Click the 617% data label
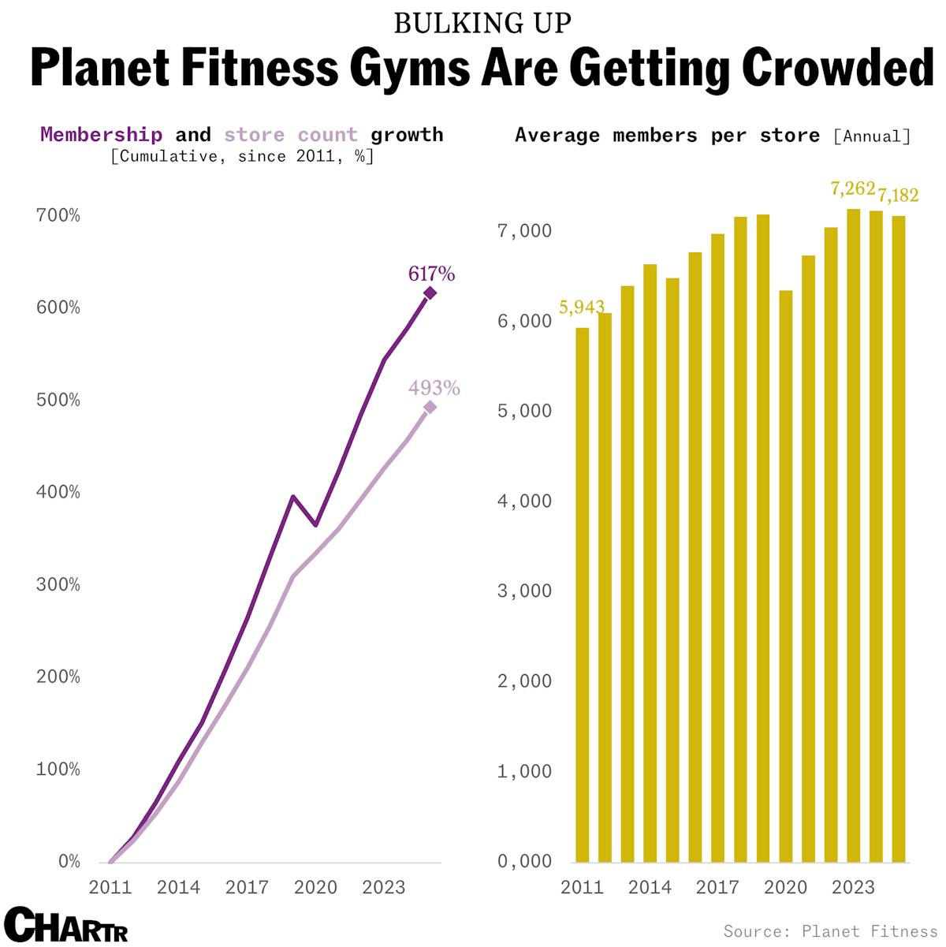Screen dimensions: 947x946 point(431,274)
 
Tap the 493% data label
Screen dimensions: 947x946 point(434,388)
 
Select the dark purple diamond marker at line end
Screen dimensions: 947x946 point(430,293)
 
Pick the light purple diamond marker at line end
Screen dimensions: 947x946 point(430,408)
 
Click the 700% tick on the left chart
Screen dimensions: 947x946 point(58,215)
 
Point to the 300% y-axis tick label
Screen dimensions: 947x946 point(58,584)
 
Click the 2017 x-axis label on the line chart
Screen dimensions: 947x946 point(247,887)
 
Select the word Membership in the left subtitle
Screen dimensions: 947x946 point(101,135)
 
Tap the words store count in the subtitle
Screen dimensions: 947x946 point(290,135)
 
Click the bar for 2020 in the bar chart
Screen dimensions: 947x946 point(786,576)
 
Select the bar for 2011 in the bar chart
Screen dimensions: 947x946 point(583,595)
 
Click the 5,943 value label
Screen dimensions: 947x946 point(581,308)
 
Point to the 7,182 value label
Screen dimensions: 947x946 point(898,195)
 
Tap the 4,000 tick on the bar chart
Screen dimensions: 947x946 point(524,501)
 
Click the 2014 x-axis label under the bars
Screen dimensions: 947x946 point(650,887)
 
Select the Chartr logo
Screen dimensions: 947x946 point(65,926)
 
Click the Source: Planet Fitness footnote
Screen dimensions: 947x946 point(830,931)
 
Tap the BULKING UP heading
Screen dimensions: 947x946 point(482,24)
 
